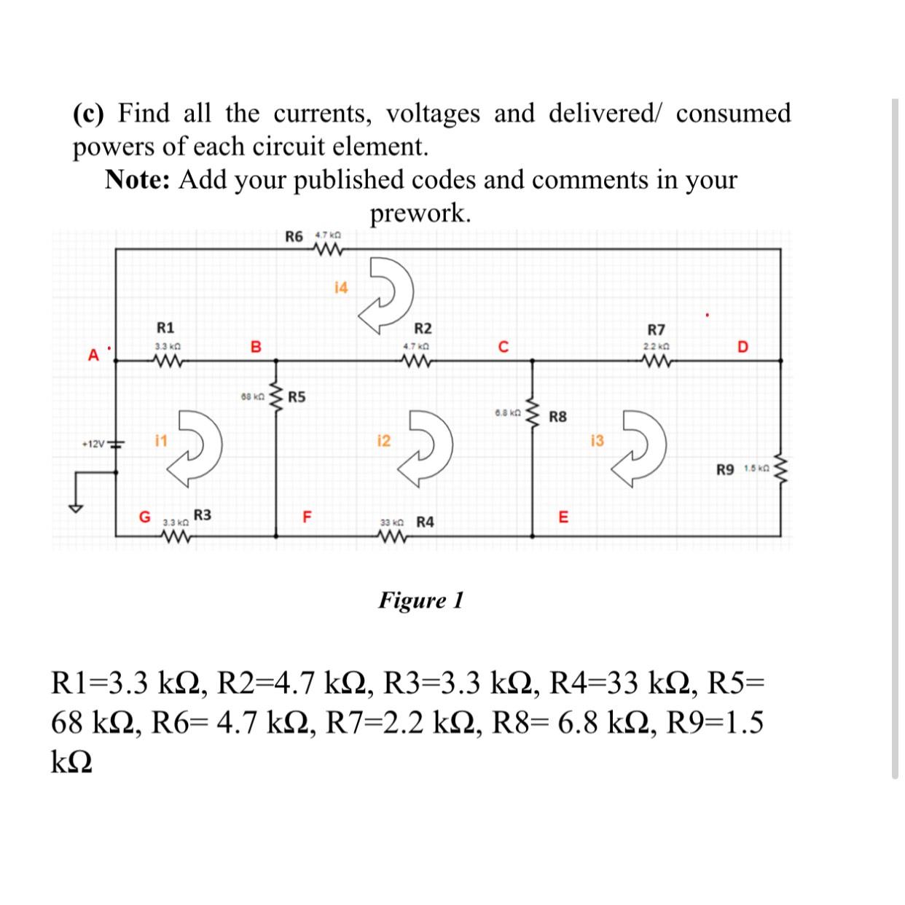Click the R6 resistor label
click(294, 236)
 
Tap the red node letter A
click(93, 356)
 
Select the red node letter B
click(255, 347)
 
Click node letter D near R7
click(742, 347)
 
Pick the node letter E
click(563, 518)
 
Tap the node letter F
click(307, 518)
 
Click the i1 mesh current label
click(161, 440)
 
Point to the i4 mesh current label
click(340, 287)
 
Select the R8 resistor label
click(557, 418)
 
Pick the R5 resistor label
click(297, 397)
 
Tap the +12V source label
click(93, 443)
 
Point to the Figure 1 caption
click(420, 600)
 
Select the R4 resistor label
click(425, 522)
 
